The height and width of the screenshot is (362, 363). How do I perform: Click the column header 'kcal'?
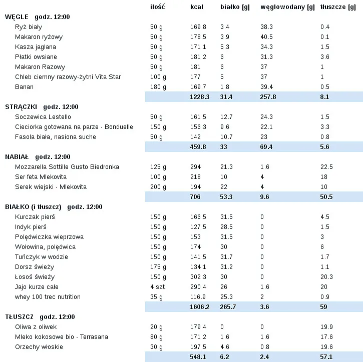click(196, 7)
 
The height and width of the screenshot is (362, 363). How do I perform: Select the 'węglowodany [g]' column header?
click(287, 7)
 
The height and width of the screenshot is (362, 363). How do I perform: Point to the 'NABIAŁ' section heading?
click(17, 157)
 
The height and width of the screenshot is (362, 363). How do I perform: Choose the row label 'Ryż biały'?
click(28, 27)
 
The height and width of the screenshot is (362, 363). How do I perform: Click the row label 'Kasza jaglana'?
click(33, 47)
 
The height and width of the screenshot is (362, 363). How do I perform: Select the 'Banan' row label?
click(25, 87)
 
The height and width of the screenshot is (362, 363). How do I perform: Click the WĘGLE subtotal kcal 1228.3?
click(200, 97)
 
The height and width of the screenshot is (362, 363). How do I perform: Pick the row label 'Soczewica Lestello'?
click(43, 117)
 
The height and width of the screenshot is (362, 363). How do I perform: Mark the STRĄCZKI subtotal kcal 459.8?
click(198, 147)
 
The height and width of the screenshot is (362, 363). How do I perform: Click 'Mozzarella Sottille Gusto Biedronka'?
click(67, 167)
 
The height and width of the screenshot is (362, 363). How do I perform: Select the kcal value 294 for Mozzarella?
click(195, 167)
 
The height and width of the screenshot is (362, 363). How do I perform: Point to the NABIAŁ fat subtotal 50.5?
click(326, 197)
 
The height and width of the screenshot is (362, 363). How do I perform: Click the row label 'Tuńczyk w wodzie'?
click(42, 257)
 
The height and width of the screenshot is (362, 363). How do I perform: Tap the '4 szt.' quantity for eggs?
click(158, 287)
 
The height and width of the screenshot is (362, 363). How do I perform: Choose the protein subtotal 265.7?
click(228, 307)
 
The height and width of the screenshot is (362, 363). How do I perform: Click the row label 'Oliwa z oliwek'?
click(36, 327)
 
